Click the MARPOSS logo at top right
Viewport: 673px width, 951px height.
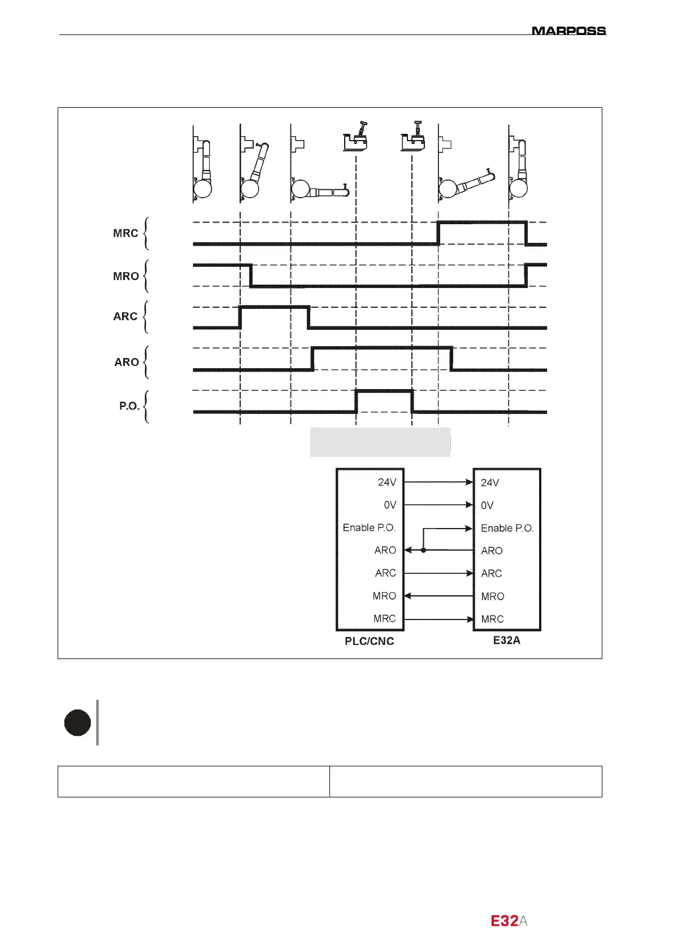click(568, 30)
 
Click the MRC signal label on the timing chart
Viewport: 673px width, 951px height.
click(125, 233)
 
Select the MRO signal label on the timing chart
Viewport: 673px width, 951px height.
click(126, 276)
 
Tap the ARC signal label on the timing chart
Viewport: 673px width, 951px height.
click(125, 317)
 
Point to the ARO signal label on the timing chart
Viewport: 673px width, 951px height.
click(127, 362)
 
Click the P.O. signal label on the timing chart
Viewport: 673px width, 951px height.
click(129, 406)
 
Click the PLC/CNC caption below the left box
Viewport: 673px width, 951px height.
click(370, 642)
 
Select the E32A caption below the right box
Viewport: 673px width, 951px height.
click(506, 640)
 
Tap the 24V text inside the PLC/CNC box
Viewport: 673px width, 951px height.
click(387, 482)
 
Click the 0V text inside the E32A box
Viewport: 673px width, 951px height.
click(487, 505)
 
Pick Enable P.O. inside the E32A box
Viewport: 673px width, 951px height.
click(507, 528)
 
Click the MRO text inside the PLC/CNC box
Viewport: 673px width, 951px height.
click(384, 596)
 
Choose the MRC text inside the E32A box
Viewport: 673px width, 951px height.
click(492, 619)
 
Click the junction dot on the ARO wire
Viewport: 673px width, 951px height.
click(423, 550)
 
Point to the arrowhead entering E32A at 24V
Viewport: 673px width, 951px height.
click(469, 482)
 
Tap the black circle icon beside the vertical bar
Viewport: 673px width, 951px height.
click(77, 723)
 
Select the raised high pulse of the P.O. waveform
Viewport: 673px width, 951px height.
click(384, 391)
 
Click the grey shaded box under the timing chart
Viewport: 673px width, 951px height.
click(380, 442)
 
